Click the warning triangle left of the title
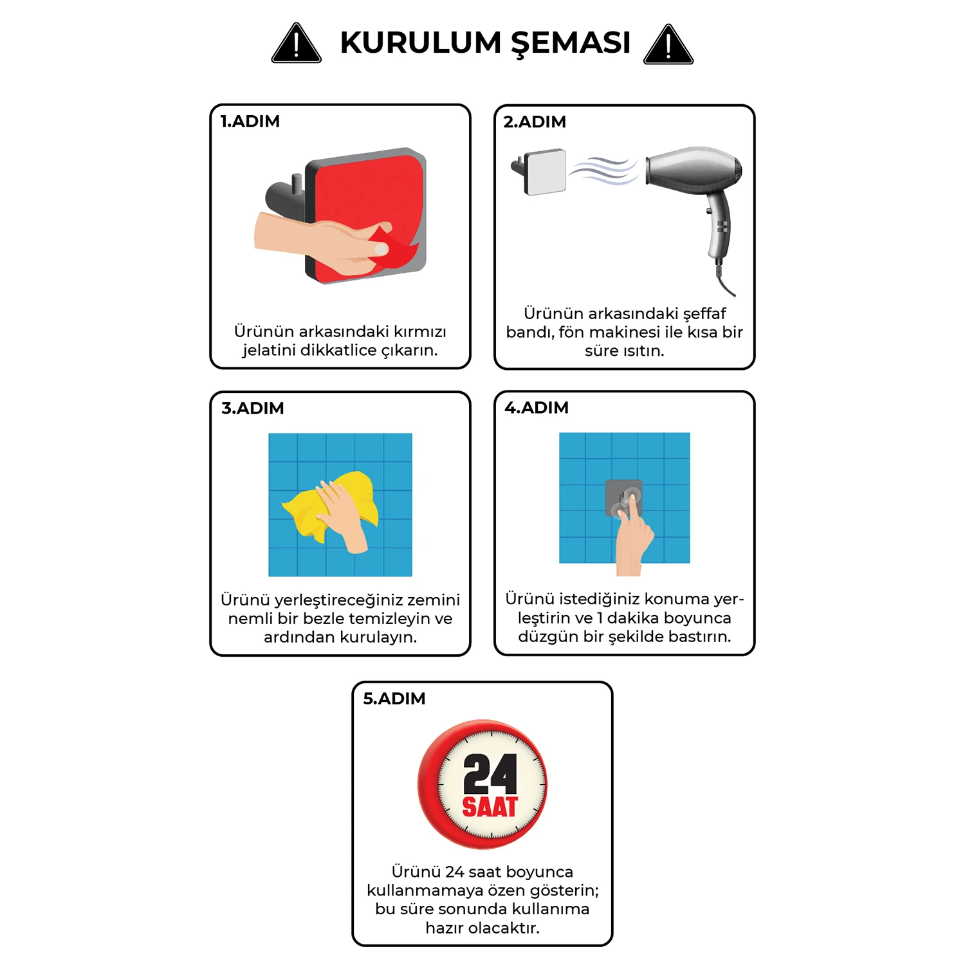[296, 45]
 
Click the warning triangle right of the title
[668, 46]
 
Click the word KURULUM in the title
[420, 43]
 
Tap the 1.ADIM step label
[250, 122]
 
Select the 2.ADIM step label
[535, 122]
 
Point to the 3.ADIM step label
[253, 409]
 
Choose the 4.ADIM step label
[537, 408]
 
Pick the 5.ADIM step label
[394, 699]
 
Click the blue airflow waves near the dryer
[603, 171]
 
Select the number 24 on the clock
[490, 775]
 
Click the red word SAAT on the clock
[490, 807]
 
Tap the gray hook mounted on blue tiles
[623, 499]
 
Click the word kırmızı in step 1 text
[419, 332]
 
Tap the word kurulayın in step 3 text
[378, 638]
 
